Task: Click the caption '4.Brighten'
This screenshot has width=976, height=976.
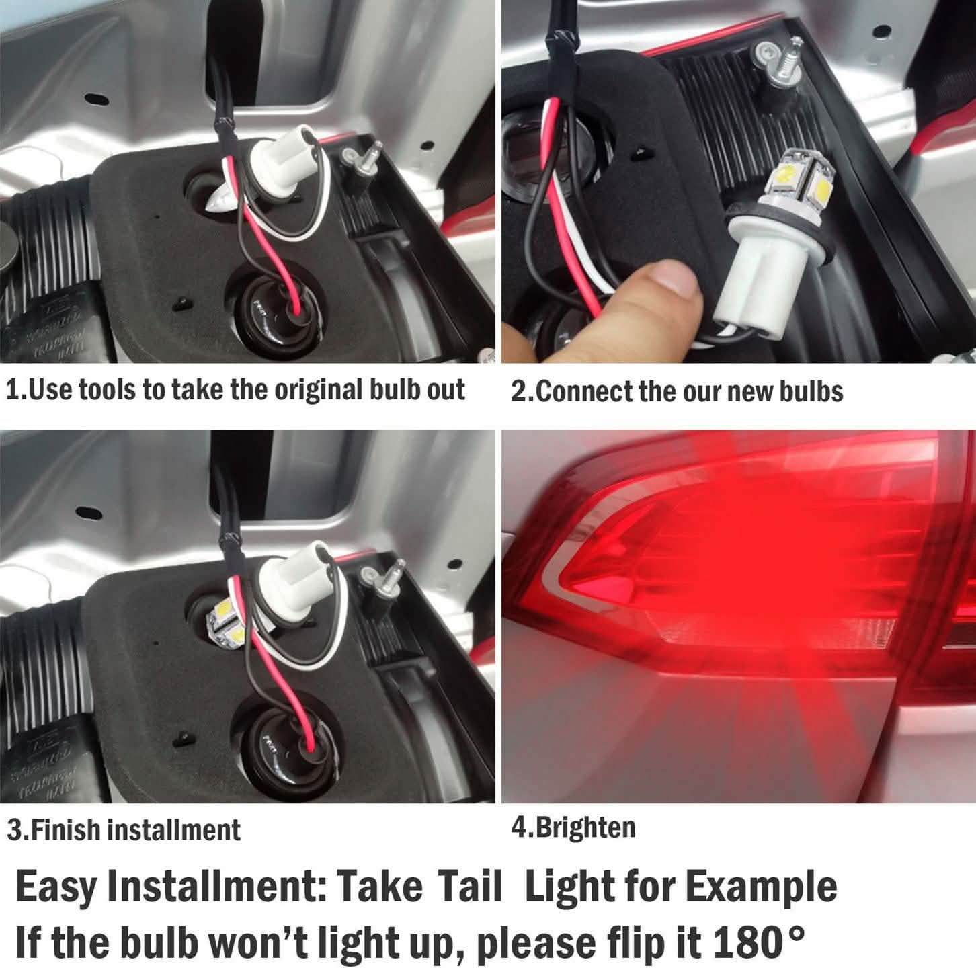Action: [573, 827]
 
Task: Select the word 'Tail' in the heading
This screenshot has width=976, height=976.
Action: [469, 886]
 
